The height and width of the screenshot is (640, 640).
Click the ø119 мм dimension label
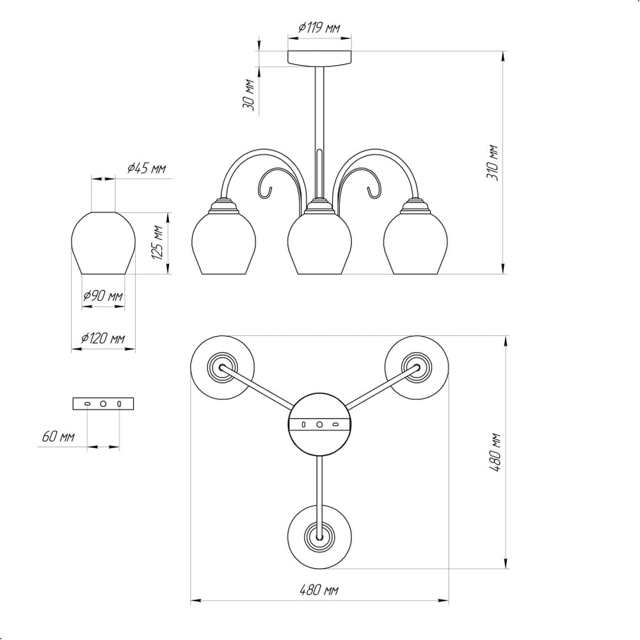tap(319, 28)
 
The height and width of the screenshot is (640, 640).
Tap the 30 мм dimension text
tap(249, 94)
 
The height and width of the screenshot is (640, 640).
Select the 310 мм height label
tap(492, 163)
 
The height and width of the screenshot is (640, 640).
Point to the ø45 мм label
tap(147, 168)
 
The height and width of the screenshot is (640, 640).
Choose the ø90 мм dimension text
tap(103, 296)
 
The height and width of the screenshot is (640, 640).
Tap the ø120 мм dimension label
tap(103, 339)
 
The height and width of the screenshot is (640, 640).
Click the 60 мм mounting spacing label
tap(58, 436)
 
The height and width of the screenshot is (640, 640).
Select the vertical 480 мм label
tap(495, 452)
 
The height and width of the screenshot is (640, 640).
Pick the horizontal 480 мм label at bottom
tap(319, 590)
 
